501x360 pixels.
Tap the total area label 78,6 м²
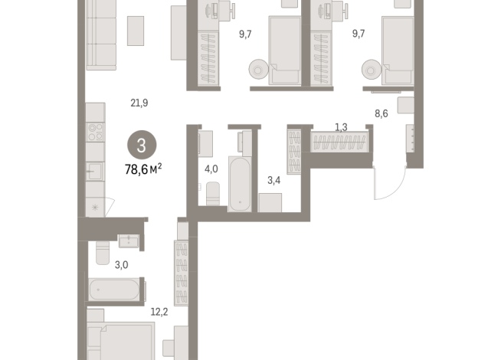coord(143,169)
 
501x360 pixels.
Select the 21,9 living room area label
coord(139,103)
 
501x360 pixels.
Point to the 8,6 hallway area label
coord(381,113)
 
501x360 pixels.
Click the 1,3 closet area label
coord(341,126)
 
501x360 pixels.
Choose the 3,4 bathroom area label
coord(273,181)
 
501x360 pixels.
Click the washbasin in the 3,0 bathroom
coord(129,241)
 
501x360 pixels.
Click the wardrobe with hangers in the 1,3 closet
coord(340,141)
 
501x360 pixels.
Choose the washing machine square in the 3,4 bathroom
coord(270,202)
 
